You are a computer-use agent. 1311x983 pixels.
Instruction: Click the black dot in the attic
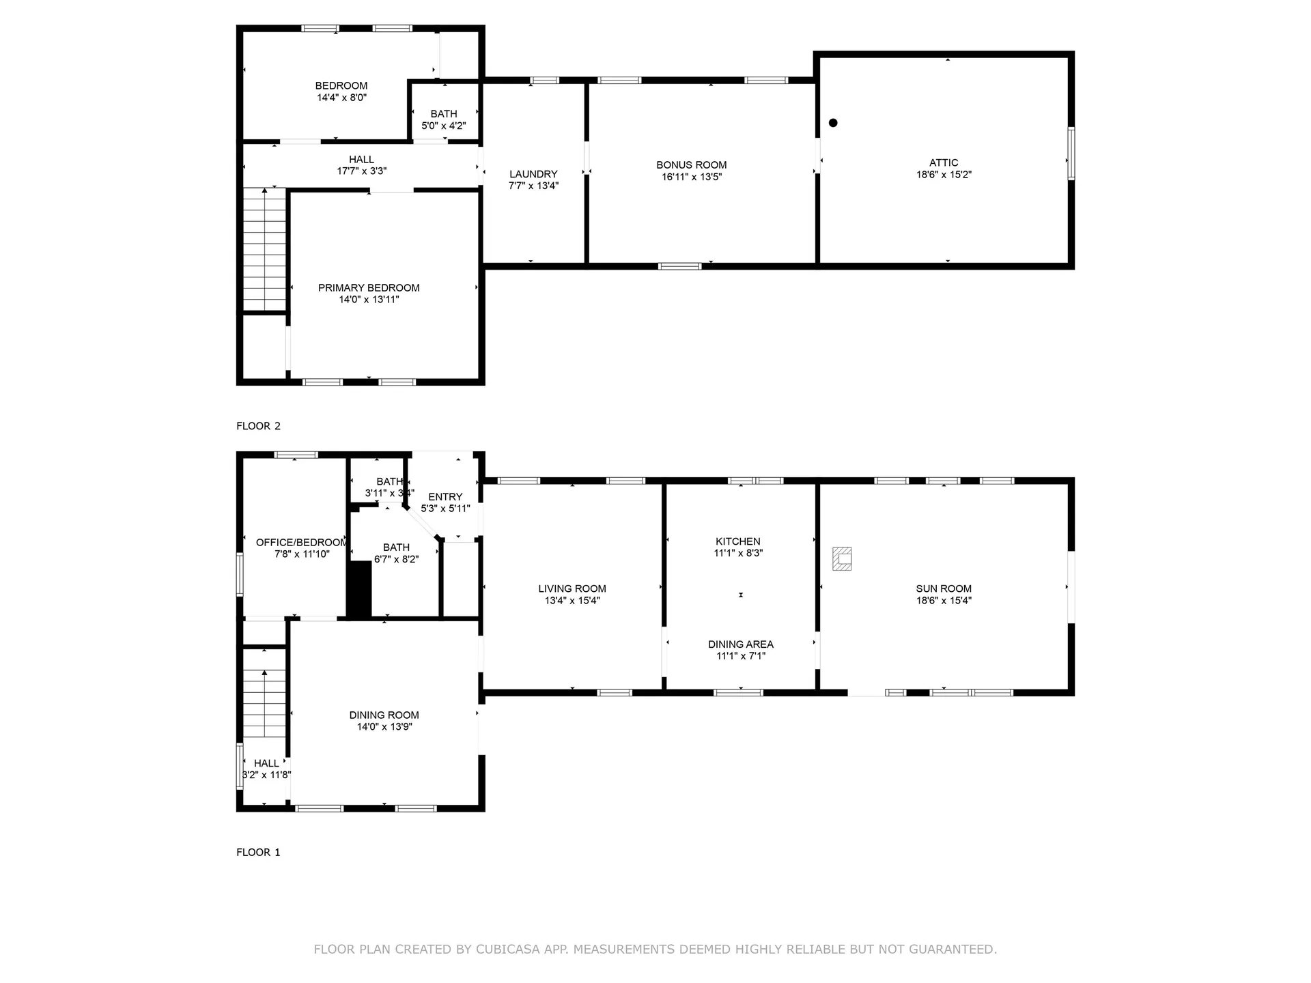coord(833,123)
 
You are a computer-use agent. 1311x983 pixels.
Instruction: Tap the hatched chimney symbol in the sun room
coord(842,558)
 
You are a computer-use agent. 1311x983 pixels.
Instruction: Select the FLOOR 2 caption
coord(258,426)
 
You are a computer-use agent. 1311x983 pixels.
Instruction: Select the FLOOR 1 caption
coord(258,852)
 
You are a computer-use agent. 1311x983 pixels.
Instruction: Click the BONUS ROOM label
coord(691,165)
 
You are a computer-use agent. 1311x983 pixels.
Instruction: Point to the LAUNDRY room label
coord(533,174)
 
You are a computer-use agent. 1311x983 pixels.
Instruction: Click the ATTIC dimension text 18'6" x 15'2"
coord(944,175)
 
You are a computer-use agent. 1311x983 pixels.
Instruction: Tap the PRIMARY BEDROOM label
coord(369,287)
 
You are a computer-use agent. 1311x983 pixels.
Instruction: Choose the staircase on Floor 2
coord(264,249)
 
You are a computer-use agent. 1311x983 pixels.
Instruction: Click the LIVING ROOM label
coord(572,588)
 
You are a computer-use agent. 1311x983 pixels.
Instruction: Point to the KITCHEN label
coord(737,541)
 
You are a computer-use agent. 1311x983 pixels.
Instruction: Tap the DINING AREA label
coord(740,644)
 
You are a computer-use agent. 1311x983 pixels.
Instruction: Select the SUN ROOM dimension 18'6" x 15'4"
coord(944,601)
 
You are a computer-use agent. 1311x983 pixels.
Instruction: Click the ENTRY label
coord(445,497)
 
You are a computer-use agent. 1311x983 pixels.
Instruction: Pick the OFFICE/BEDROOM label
coord(301,543)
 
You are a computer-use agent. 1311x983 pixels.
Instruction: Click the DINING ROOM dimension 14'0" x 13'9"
coord(384,727)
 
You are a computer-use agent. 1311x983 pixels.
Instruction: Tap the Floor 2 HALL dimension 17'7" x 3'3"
coord(361,171)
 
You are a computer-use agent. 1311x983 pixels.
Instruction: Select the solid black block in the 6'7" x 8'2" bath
coord(359,589)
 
